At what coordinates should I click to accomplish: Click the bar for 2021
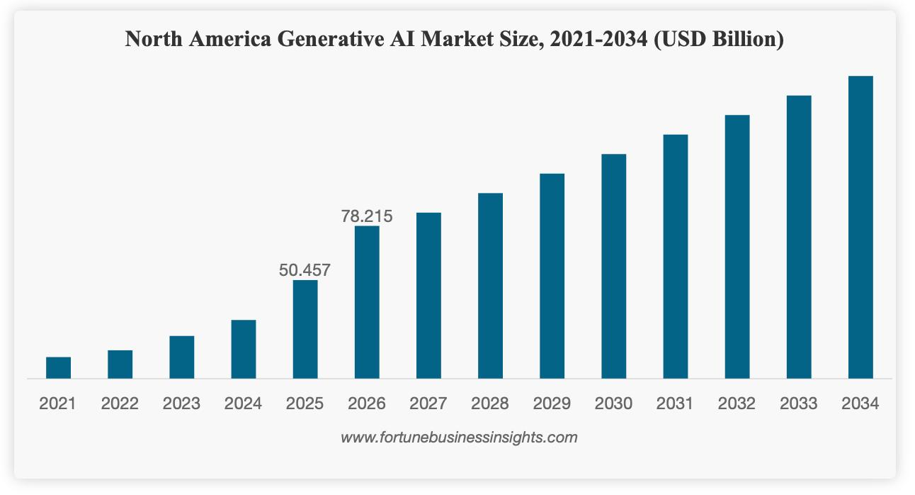[x=58, y=368]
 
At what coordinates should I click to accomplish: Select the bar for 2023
[x=181, y=357]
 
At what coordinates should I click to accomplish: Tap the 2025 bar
[x=305, y=330]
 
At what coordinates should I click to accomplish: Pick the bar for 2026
[x=367, y=303]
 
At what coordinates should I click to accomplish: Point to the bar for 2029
[x=552, y=277]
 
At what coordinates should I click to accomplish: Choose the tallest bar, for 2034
[x=860, y=228]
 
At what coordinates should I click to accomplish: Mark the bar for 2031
[x=676, y=257]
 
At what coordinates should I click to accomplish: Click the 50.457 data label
[x=305, y=269]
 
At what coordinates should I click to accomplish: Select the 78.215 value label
[x=367, y=216]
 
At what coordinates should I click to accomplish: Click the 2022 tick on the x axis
[x=120, y=404]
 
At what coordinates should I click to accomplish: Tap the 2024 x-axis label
[x=243, y=404]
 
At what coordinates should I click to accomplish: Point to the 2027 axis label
[x=428, y=404]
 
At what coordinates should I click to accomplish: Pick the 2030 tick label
[x=613, y=404]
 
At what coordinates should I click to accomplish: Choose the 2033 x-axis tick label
[x=799, y=404]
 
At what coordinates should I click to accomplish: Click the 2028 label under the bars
[x=490, y=404]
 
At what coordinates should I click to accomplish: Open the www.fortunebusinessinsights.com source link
[x=459, y=438]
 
